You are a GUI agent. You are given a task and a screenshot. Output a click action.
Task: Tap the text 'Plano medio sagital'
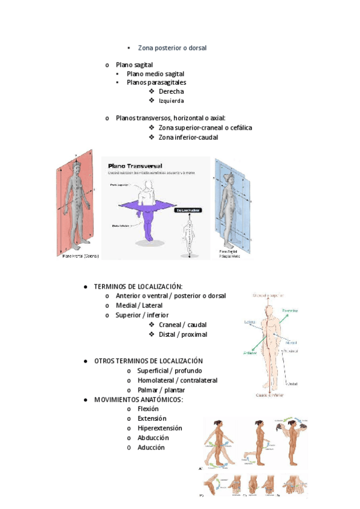155,73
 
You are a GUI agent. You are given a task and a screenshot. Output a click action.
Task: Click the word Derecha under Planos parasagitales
171,91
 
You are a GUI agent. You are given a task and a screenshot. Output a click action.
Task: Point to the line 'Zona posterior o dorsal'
172,47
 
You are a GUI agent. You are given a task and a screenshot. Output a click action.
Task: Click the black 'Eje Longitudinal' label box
188,211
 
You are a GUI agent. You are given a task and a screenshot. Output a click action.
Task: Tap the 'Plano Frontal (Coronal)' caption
80,256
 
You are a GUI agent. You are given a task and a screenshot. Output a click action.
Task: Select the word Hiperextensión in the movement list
160,428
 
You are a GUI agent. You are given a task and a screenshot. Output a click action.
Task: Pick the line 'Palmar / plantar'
161,390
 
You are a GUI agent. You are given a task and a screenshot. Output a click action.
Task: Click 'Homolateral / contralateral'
177,380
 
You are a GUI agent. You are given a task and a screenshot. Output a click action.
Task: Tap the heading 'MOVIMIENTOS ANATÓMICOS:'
139,400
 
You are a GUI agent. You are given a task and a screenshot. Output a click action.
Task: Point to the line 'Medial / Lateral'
139,306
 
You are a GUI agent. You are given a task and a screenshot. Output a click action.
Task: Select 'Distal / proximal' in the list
183,334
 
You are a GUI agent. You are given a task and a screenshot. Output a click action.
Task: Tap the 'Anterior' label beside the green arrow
250,353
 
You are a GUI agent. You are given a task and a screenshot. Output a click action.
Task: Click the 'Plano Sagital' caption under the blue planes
227,252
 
